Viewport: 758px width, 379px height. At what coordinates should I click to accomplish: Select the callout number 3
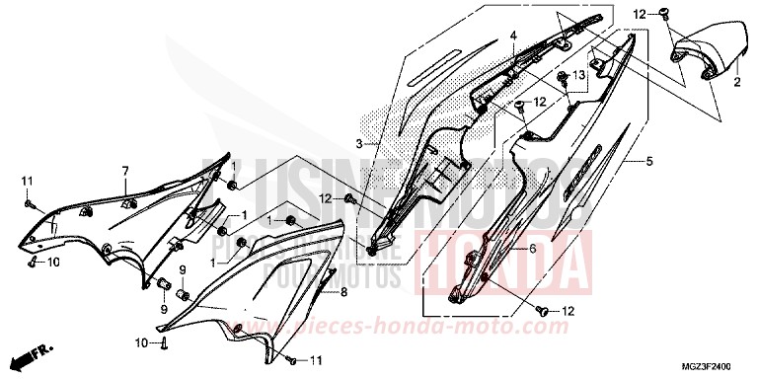(362, 144)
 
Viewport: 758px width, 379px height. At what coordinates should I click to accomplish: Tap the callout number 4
(513, 37)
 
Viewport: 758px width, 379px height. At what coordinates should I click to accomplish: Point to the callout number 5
(647, 160)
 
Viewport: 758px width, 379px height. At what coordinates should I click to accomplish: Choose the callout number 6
(532, 250)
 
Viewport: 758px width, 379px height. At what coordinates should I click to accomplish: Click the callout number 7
(125, 172)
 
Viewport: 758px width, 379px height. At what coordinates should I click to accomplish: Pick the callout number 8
(343, 292)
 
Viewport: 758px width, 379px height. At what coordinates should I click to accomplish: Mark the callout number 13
(579, 75)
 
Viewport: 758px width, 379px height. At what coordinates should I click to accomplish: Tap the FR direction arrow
(38, 350)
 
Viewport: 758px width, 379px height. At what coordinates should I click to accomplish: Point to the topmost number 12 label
(639, 14)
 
